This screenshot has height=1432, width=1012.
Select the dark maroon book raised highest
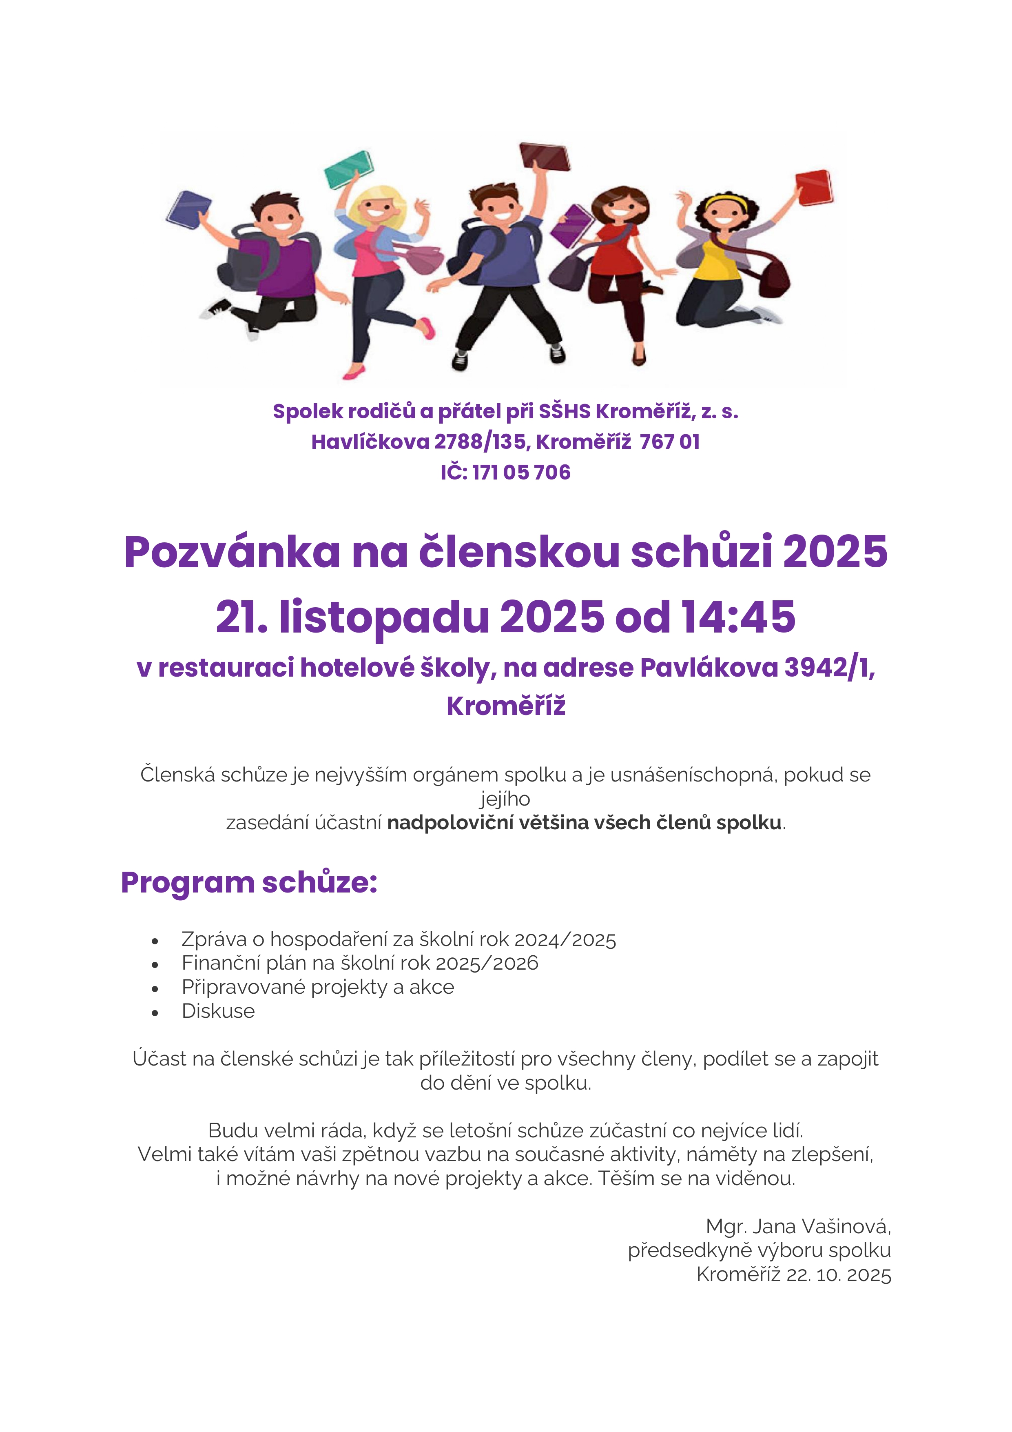tap(545, 157)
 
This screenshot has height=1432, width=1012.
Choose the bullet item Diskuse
tap(218, 1011)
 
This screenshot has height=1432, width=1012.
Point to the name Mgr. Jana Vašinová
tap(798, 1226)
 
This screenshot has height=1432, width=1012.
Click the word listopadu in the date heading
tap(383, 617)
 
